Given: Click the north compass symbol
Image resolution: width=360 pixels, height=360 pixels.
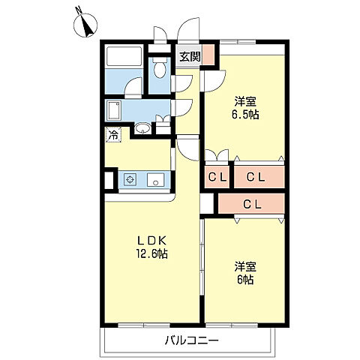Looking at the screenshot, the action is tap(85, 24).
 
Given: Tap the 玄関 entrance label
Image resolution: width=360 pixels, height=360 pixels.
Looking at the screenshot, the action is tap(190, 57).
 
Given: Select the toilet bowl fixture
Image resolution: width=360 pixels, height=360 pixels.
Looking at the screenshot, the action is tap(160, 67).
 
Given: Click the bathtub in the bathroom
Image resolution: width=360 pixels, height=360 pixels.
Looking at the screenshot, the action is tap(123, 56).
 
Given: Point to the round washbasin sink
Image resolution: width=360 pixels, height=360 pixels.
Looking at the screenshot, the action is tap(142, 128).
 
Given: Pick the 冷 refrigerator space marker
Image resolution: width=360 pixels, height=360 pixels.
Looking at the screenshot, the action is tap(113, 135).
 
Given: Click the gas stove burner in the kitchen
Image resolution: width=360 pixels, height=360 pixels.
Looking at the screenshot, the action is tap(130, 179).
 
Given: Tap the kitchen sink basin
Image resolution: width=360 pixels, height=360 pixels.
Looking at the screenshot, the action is tap(156, 179).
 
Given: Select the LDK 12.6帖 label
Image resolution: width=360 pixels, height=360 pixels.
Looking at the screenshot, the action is tap(151, 247).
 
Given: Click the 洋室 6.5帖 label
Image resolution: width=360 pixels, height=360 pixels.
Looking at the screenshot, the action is tap(245, 109).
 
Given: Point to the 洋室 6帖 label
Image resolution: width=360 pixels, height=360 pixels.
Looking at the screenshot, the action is tap(245, 273).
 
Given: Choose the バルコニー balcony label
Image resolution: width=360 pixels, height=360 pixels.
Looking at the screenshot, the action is tap(191, 340).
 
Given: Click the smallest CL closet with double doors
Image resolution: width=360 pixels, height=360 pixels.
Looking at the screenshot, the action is tap(217, 177).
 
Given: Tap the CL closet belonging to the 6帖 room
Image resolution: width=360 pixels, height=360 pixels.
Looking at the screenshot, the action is tap(251, 204).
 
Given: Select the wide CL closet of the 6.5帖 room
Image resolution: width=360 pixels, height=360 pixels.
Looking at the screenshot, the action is tap(259, 177).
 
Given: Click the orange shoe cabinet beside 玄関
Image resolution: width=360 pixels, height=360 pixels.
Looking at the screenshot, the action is tap(208, 55).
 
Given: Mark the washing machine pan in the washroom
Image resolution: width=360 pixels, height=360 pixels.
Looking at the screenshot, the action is tap(113, 109).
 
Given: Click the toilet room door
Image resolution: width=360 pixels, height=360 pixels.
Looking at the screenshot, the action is tap(181, 83).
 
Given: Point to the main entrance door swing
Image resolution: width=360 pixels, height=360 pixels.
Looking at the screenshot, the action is tap(189, 28).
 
